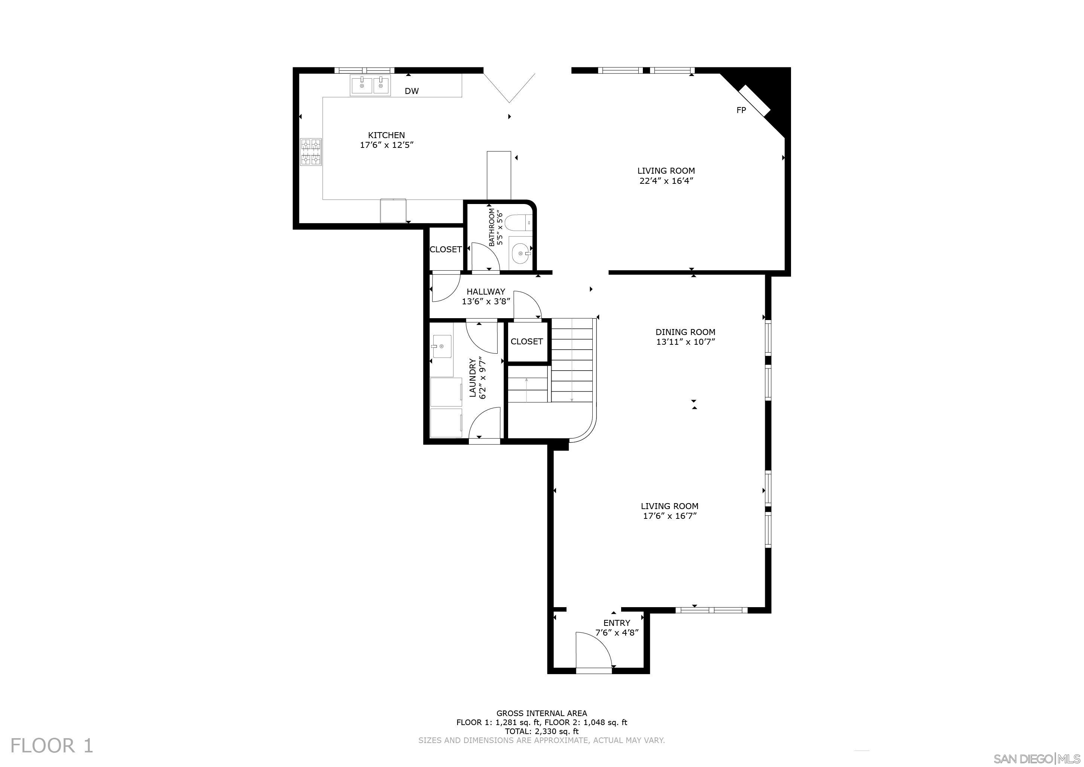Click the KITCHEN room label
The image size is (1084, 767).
(386, 135)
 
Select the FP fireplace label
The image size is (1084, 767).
(741, 110)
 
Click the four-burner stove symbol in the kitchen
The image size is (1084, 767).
(311, 152)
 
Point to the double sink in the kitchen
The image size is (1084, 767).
(370, 86)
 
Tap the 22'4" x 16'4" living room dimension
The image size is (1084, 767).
(666, 181)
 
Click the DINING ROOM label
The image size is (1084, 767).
(685, 332)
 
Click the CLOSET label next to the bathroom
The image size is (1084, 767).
(445, 249)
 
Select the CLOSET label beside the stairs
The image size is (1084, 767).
(526, 341)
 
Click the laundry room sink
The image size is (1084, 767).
(442, 346)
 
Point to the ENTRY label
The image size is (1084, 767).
(617, 623)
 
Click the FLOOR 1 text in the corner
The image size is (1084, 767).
(52, 746)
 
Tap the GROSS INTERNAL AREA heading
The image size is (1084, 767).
(541, 713)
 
